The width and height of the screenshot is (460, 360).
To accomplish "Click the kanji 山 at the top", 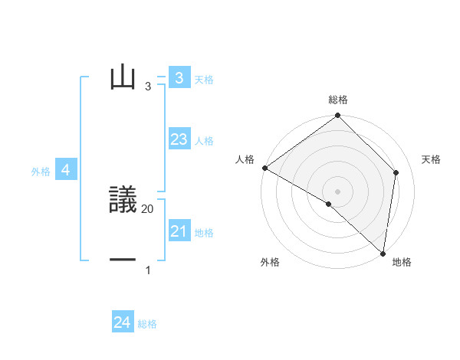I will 123,77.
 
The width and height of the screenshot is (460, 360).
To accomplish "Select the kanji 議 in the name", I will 123,200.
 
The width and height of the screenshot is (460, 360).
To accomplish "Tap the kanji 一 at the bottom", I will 123,260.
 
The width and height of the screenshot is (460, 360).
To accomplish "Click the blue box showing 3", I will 179,77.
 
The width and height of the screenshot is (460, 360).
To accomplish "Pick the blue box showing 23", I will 179,139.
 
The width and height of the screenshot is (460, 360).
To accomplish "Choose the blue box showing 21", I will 179,231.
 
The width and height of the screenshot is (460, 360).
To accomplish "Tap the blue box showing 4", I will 66,170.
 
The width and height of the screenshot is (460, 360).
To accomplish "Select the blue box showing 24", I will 123,322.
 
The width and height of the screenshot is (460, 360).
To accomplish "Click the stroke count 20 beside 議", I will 148,208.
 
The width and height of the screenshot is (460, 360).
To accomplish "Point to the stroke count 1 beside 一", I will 148,270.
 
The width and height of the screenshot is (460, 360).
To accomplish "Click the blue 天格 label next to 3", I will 204,80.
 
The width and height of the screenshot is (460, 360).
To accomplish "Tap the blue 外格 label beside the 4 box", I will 41,172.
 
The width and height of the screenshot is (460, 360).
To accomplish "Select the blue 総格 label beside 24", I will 147,325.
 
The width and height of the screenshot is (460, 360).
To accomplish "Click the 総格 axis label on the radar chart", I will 338,100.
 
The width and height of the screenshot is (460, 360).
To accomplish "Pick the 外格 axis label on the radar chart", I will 270,263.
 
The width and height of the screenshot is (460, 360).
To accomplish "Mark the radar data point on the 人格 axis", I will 264,168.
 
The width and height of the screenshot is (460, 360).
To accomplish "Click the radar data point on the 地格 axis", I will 383,253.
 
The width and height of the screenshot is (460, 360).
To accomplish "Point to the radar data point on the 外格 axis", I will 329,204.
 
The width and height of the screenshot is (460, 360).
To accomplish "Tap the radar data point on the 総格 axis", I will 338,116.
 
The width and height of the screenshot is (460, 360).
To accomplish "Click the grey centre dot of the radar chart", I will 338,191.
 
